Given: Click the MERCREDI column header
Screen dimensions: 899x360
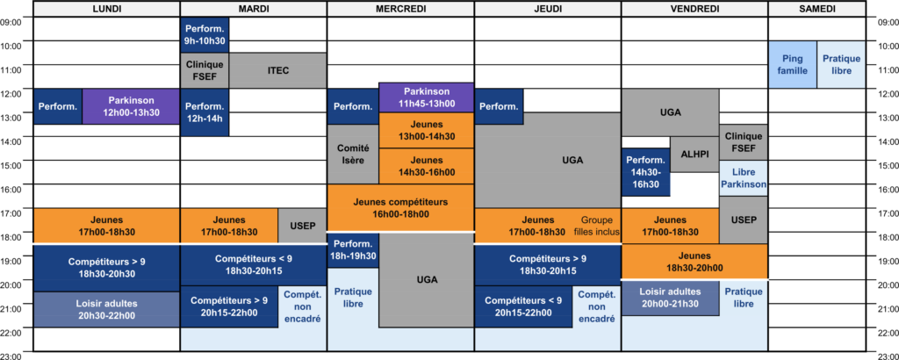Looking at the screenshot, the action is [x=400, y=9].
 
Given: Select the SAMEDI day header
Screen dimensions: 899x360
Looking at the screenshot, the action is [x=816, y=9].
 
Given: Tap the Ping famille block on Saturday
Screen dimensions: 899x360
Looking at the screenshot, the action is [x=793, y=65].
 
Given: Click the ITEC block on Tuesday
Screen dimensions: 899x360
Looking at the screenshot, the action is [x=278, y=70].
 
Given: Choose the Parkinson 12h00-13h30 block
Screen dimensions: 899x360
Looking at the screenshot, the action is [x=132, y=106].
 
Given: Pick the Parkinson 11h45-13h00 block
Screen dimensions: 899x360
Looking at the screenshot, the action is [x=427, y=97].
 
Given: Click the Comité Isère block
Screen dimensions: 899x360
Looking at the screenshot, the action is [x=353, y=155].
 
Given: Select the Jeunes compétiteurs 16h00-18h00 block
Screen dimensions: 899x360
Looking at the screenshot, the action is [x=400, y=207].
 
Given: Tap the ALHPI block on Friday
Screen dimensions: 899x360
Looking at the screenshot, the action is [x=694, y=155].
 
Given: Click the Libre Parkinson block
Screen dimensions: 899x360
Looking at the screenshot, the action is [x=744, y=178].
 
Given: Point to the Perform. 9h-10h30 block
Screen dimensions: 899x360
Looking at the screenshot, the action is [x=205, y=35].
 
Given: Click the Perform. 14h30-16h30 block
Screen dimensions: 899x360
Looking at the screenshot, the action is [x=646, y=172].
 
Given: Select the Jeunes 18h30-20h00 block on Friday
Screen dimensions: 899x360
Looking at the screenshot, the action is [x=695, y=262].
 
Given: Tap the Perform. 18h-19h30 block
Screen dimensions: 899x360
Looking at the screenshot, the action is [x=353, y=250].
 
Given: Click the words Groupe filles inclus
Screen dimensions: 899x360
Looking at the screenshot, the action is [x=597, y=226].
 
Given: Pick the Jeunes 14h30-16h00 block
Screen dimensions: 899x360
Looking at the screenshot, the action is [x=427, y=166].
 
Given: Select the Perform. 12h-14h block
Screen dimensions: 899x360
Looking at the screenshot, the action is [x=205, y=112].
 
